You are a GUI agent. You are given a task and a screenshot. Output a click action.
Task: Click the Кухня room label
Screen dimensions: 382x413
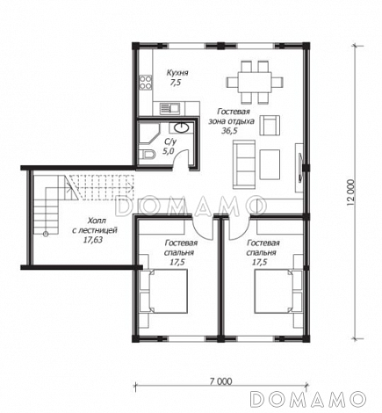[177, 73]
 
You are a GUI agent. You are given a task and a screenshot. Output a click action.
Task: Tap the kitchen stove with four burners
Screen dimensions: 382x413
[145, 83]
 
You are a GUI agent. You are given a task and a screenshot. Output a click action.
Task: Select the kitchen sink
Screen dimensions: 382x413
[170, 108]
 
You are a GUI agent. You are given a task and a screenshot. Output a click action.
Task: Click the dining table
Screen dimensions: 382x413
[255, 83]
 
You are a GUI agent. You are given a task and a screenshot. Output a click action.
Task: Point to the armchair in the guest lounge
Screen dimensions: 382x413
[270, 126]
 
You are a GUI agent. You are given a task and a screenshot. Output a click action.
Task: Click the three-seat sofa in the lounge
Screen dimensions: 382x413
[244, 164]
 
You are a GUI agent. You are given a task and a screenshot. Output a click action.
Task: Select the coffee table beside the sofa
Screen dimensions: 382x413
[270, 164]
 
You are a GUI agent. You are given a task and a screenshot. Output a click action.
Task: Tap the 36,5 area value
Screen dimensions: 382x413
[229, 131]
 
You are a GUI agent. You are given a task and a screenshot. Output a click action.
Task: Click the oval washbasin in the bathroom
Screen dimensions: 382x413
[182, 127]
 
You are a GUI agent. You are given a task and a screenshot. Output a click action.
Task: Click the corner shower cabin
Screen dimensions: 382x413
[148, 134]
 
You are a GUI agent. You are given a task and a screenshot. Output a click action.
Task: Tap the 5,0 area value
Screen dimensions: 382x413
[169, 151]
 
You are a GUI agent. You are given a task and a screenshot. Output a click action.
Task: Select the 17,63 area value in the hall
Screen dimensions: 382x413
[93, 240]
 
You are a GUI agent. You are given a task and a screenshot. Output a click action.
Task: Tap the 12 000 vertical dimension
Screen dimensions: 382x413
[350, 193]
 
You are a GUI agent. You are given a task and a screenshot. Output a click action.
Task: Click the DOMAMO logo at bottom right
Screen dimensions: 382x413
[308, 399]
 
